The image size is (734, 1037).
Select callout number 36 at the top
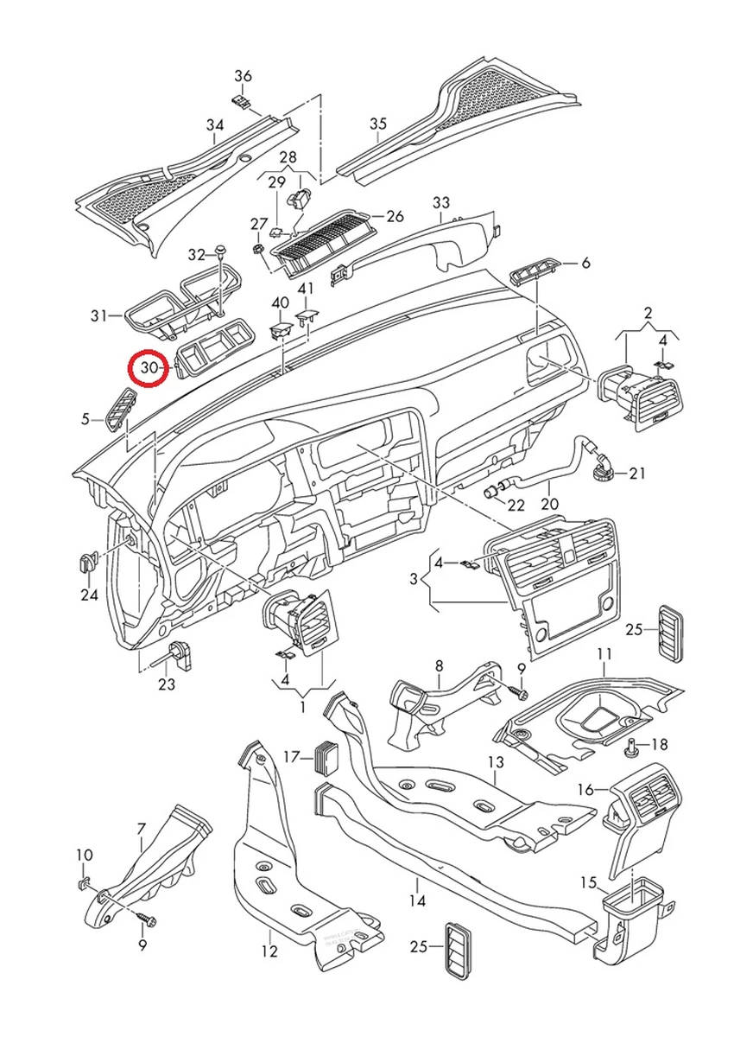coord(244,76)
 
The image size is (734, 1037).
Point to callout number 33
coord(441,203)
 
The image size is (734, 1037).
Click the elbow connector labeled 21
coord(602,467)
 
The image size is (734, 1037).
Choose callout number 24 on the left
coord(89,595)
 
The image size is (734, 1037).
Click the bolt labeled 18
coord(631,746)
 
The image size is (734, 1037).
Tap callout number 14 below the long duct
coord(418,900)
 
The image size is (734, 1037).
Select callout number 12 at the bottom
coord(269,951)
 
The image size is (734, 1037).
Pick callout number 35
coord(378,124)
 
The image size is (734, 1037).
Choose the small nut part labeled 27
coord(257,249)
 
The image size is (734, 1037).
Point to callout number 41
coord(306,288)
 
